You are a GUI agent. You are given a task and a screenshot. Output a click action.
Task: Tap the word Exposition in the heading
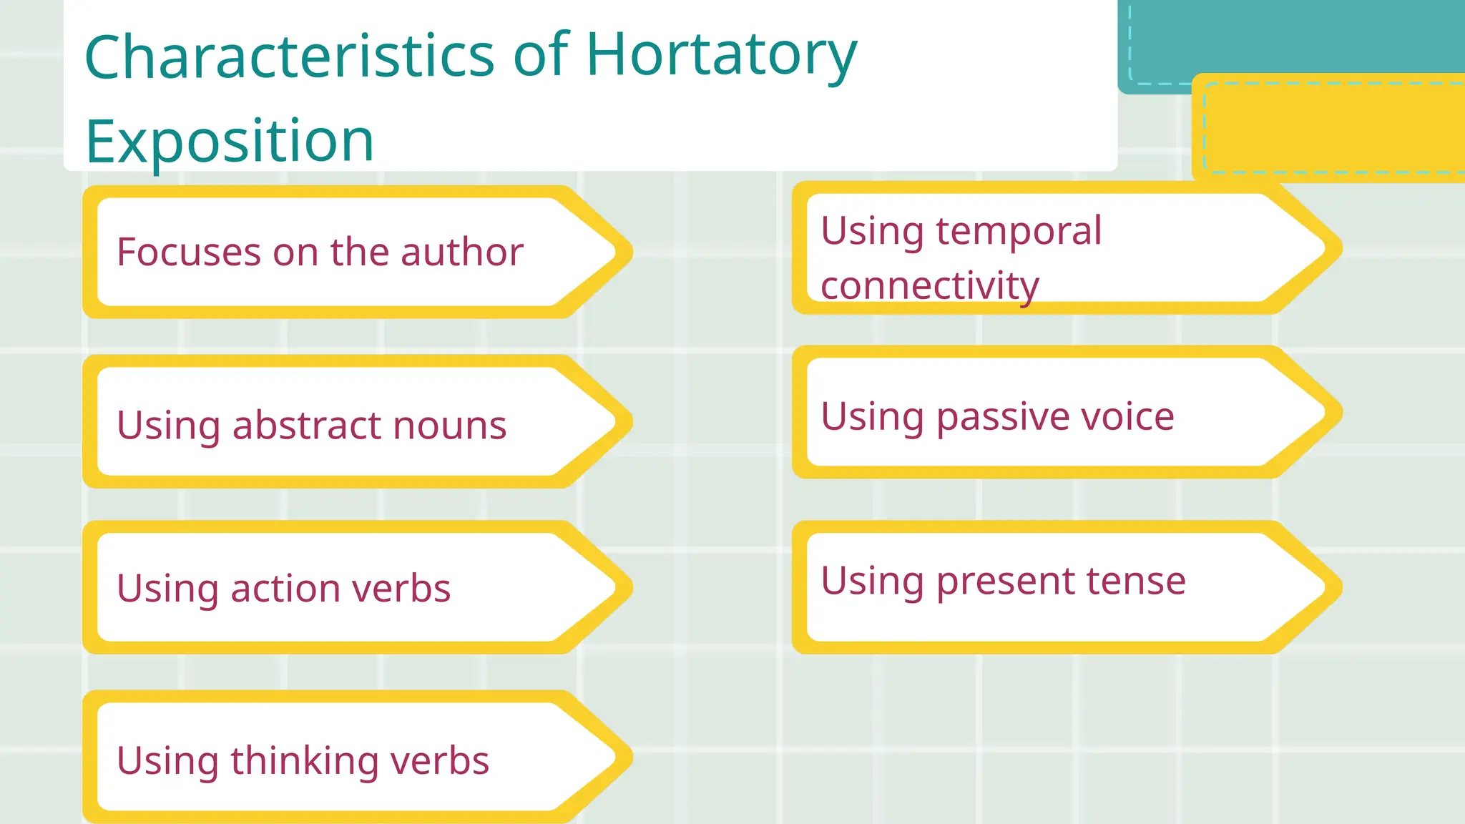point(230,140)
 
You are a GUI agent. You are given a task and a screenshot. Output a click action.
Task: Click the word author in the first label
point(461,252)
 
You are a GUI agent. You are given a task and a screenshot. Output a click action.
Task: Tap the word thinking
point(304,760)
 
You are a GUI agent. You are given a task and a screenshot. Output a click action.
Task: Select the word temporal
point(1019,230)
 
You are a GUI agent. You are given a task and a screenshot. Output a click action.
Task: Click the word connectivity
point(929,285)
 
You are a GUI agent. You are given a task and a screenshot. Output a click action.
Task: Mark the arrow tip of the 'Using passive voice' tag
point(1332,413)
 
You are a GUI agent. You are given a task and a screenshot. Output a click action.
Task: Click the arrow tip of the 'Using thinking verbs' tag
point(622,757)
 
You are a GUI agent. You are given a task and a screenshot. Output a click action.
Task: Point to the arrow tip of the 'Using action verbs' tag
point(622,587)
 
